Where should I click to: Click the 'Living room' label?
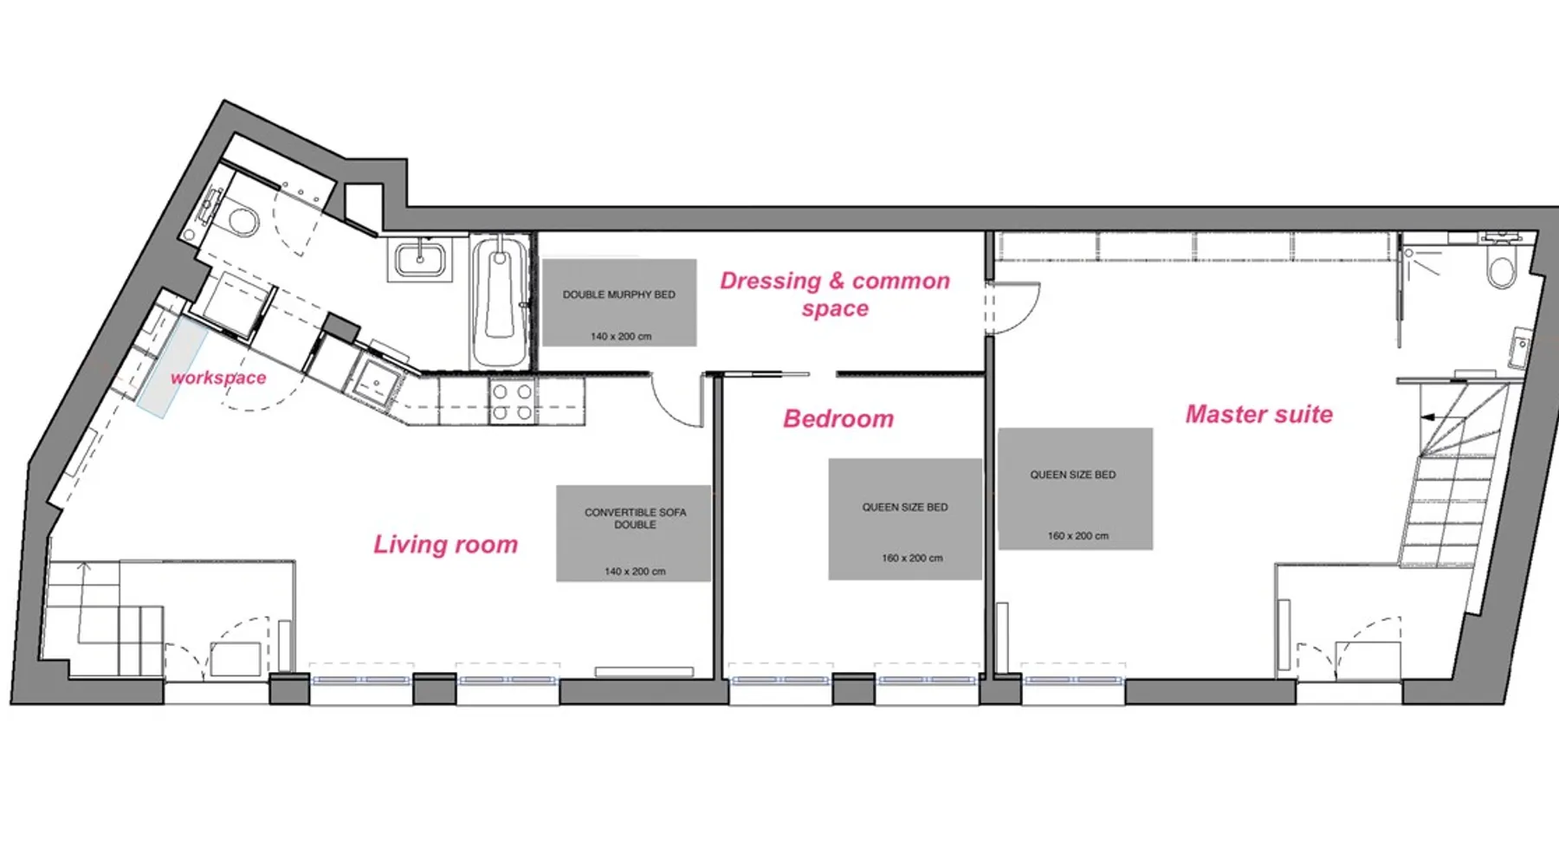coord(445,545)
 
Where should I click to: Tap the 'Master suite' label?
coord(1258,414)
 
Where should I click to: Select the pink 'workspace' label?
coord(218,378)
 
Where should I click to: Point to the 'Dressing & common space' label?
coord(835,294)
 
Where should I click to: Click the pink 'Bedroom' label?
coord(838,418)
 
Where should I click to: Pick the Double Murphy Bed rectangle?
coord(619,302)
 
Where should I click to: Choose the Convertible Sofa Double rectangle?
coord(634,533)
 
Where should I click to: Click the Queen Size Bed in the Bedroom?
coord(905,519)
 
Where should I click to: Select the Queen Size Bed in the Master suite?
coord(1075,488)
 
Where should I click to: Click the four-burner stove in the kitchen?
coord(512,402)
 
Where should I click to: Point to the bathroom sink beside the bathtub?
coord(421,259)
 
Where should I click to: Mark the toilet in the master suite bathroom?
coord(1501,265)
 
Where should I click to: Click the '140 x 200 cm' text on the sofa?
coord(635,572)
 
